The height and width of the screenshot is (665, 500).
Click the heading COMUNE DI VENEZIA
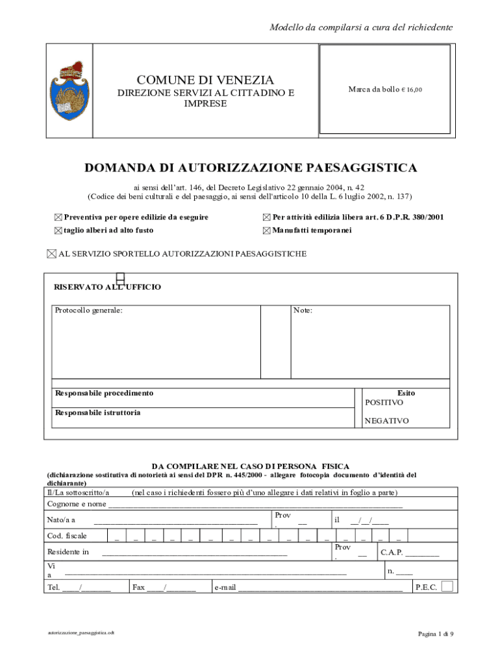(205, 80)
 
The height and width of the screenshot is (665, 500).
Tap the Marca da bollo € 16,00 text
(384, 90)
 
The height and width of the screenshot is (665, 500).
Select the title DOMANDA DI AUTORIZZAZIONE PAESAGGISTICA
(251, 168)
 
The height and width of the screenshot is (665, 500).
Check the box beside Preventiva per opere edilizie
(58, 218)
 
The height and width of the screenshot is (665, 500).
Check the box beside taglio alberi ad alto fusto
(58, 231)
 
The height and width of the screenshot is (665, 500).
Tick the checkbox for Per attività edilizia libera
(266, 218)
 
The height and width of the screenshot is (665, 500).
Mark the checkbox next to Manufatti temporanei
(266, 231)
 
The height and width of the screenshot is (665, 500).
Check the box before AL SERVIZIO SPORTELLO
(52, 254)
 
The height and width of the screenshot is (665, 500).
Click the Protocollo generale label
(88, 310)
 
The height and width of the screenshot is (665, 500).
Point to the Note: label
(303, 310)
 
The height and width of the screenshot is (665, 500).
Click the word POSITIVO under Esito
(384, 403)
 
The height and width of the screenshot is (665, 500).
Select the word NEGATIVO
(386, 421)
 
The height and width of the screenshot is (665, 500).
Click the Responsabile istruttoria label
(97, 412)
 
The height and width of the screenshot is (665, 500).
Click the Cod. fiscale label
(67, 536)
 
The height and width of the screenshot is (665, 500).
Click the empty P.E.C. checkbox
(447, 586)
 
